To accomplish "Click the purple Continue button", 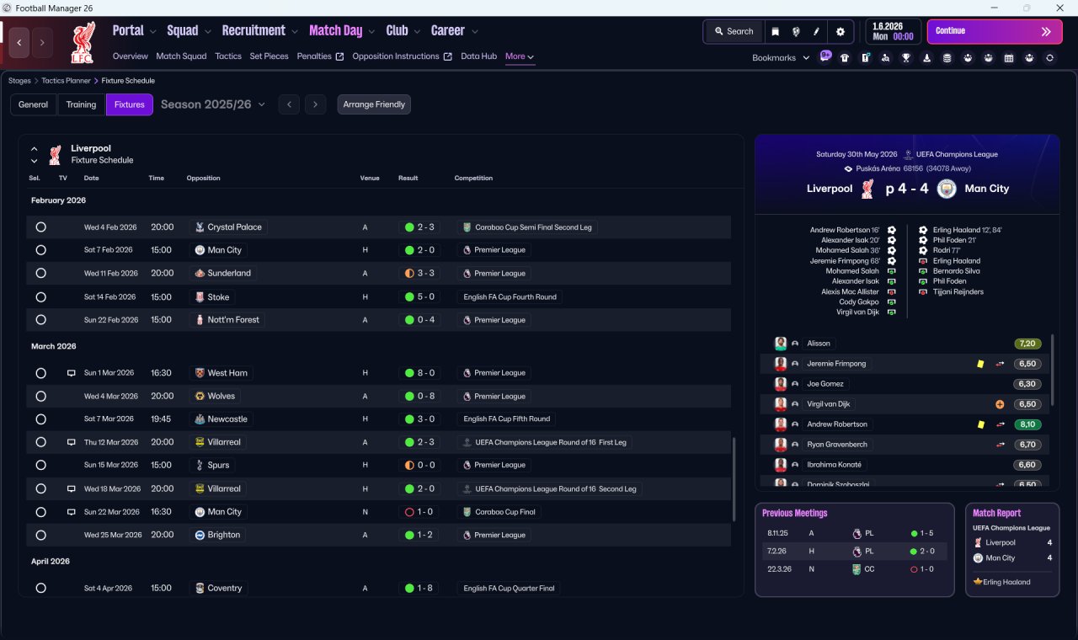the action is (995, 31).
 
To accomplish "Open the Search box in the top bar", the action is (734, 31).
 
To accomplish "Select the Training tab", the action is (81, 104).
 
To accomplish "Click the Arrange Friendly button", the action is (374, 104).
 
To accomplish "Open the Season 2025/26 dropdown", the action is (213, 104).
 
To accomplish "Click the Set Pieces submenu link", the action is (269, 56).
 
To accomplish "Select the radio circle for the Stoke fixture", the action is (41, 297).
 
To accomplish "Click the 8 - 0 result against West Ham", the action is (419, 373).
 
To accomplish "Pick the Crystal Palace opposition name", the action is (234, 227).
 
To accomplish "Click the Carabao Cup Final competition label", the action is (504, 512).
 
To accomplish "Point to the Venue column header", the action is (370, 178).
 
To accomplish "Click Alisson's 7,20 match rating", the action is (1027, 344).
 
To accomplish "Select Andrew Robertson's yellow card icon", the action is (981, 424).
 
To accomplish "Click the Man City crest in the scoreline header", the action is (947, 189).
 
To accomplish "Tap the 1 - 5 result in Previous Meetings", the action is (926, 533).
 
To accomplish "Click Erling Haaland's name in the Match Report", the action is (1006, 582).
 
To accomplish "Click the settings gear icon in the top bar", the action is (841, 32).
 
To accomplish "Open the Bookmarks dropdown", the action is (781, 58).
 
